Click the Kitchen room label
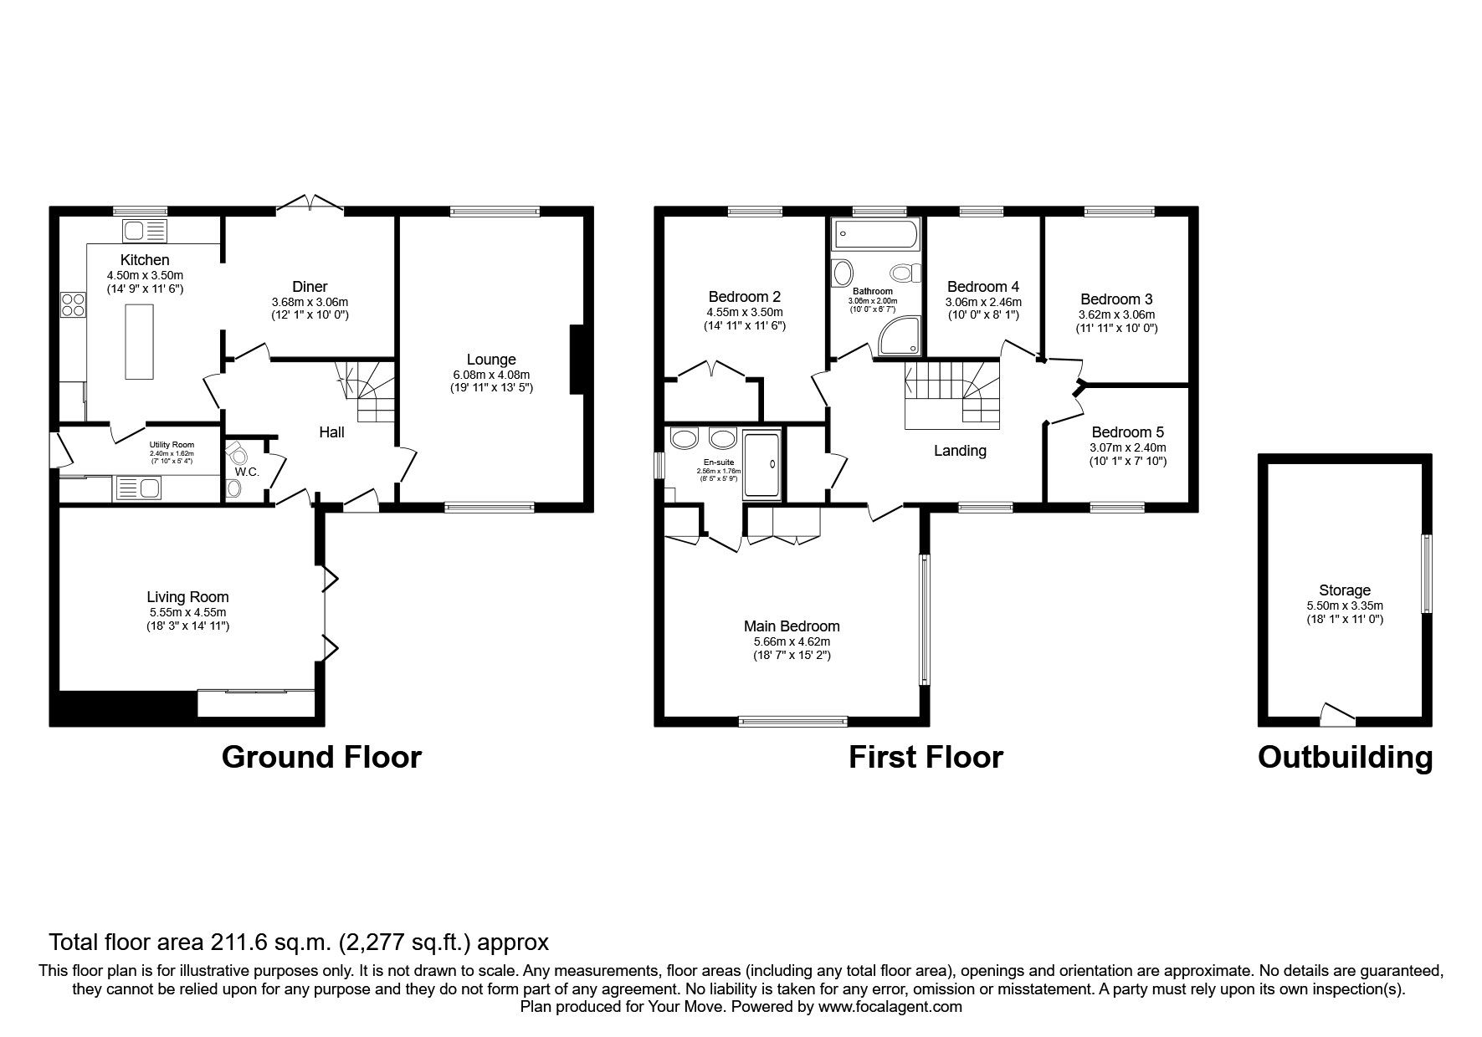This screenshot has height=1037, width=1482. point(145,260)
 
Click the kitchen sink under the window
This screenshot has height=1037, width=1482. point(144,230)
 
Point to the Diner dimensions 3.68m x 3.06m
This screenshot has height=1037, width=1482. point(310,302)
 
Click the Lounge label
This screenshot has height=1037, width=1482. point(491,360)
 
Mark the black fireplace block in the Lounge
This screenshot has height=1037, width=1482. point(577,359)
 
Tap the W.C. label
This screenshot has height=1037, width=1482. point(247,472)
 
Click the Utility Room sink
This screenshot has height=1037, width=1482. point(138,487)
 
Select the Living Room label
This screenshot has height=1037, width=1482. point(187,597)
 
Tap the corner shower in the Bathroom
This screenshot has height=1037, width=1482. point(901,335)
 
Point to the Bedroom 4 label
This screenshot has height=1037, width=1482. point(983,287)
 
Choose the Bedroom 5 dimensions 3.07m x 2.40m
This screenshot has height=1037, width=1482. point(1127,447)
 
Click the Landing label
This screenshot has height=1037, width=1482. point(960,451)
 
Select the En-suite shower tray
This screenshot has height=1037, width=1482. point(762,465)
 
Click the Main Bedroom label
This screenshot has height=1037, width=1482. point(792,626)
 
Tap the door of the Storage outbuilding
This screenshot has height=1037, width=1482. point(1337,714)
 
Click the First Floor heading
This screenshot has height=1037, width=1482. point(926,757)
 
